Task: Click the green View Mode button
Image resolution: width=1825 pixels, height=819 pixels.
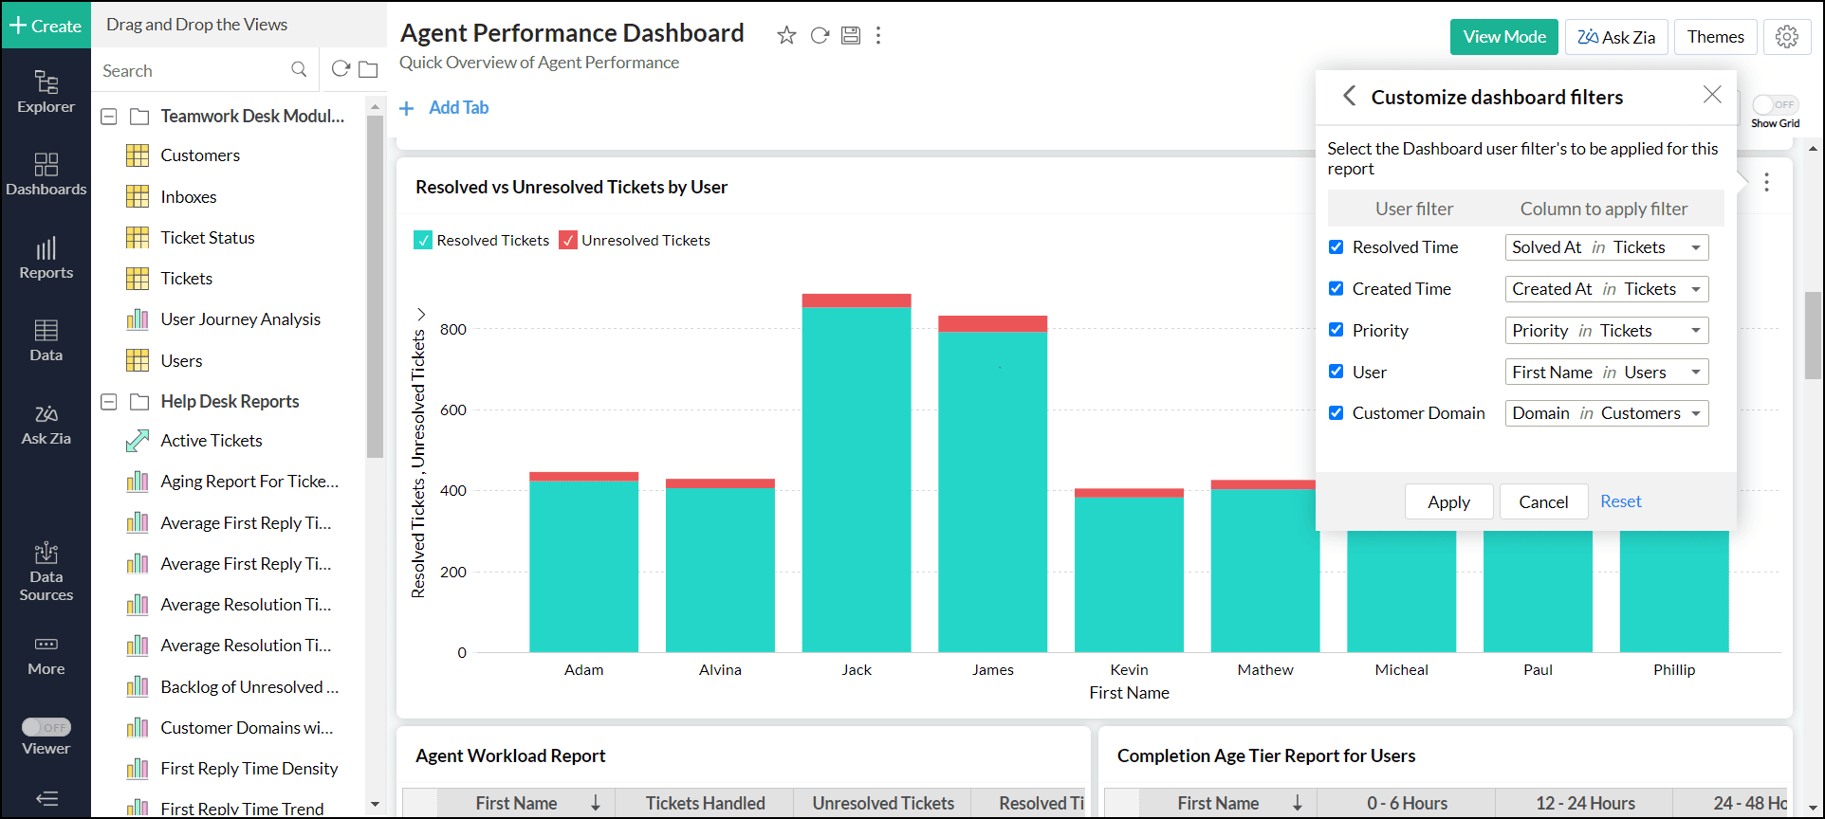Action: (1503, 37)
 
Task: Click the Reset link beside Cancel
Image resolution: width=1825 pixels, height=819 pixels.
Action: (1620, 501)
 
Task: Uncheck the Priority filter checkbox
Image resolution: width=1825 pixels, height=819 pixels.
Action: (1336, 330)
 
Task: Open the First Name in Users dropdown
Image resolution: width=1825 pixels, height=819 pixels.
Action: (1606, 372)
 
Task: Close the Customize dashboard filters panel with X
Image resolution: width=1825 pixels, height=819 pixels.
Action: (1711, 95)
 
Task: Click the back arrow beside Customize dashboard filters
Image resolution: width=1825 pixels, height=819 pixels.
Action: (1349, 96)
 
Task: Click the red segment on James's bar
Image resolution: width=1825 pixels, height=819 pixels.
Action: (992, 324)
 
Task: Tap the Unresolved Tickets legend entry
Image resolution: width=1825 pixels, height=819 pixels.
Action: (635, 241)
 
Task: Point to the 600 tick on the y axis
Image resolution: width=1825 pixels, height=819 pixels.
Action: (453, 410)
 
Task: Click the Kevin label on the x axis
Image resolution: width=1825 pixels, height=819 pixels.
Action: (1129, 670)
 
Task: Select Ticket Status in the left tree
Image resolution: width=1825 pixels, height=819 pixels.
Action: (207, 238)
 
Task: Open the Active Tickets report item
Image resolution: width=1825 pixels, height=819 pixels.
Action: (211, 441)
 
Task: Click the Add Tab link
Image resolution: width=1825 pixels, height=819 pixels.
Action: (457, 108)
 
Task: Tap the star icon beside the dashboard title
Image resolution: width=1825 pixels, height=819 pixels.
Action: (786, 36)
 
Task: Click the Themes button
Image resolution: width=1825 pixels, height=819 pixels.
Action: (1715, 37)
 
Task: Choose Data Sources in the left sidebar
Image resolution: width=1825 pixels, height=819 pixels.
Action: (46, 573)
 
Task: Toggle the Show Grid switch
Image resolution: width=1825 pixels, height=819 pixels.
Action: (1775, 105)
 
